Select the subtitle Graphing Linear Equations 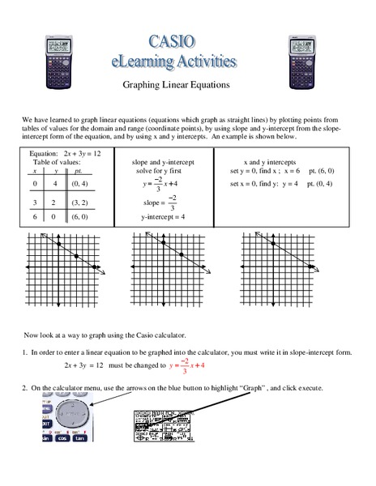pos(188,83)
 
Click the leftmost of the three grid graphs pos(66,266)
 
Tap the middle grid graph pos(171,266)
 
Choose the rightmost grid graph pos(277,266)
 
